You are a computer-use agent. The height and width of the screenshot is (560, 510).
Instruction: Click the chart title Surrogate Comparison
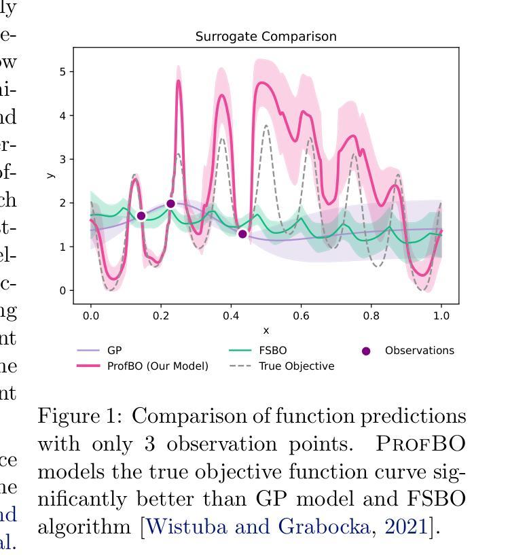click(266, 37)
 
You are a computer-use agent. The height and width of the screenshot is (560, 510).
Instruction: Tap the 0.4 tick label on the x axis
click(231, 316)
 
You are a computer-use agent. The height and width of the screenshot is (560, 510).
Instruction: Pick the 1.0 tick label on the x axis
click(441, 316)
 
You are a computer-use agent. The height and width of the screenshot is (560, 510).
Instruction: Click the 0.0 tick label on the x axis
click(90, 316)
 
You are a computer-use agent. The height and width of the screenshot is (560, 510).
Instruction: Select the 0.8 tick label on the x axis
click(371, 316)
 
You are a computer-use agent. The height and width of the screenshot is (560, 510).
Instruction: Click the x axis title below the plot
click(266, 330)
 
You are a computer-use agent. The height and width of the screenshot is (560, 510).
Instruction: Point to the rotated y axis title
click(50, 175)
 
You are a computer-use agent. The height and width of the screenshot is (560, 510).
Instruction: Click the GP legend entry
click(114, 351)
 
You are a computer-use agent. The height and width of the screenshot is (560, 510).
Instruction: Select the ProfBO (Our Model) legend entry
click(158, 366)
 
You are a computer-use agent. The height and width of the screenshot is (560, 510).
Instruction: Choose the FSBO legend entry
click(272, 351)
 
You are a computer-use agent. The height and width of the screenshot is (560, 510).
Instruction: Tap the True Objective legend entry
click(296, 366)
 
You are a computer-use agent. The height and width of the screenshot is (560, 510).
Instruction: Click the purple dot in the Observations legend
click(366, 351)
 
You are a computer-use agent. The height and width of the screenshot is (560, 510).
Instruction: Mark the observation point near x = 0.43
click(242, 234)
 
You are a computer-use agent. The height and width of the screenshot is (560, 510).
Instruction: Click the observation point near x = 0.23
click(170, 203)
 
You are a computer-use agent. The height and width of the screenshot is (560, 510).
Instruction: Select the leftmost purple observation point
click(141, 216)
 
